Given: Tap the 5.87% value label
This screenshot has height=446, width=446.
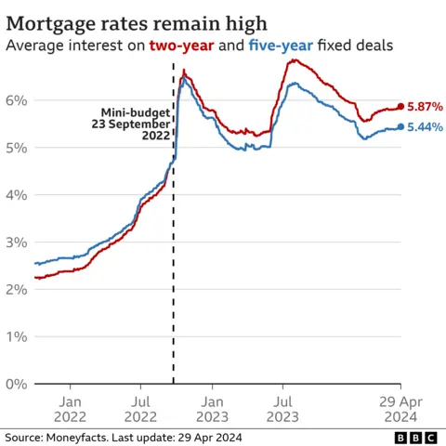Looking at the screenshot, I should pos(425,107).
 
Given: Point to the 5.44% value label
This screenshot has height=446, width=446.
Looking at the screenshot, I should pos(425,127).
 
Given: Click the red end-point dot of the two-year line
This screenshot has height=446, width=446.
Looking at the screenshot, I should pos(400,107).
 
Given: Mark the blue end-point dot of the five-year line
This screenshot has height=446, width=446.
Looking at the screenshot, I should pos(400,127).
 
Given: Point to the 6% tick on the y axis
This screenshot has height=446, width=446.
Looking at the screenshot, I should pos(16,100).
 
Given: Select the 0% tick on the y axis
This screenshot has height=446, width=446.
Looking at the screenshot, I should pos(16,384).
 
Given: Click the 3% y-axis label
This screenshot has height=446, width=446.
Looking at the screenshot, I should pos(16,242).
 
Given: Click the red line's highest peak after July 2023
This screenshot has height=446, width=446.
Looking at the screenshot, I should pos(294,60).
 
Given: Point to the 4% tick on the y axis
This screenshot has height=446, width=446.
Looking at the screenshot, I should pos(16,195).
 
